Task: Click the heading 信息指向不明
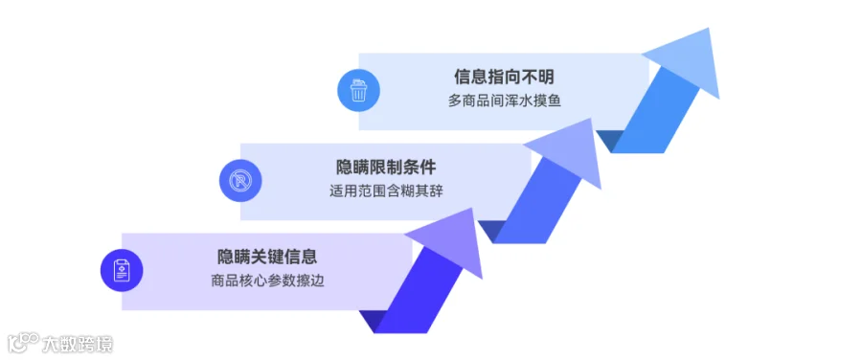click(x=504, y=77)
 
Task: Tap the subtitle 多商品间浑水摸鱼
click(x=504, y=101)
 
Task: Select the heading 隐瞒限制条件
click(x=386, y=167)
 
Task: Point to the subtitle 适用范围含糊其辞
click(x=386, y=191)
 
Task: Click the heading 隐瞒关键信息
click(x=267, y=257)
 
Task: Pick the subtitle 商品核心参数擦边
click(x=267, y=281)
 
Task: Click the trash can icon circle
click(x=358, y=91)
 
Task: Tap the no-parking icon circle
click(x=240, y=180)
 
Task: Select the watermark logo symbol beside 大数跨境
click(x=23, y=343)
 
